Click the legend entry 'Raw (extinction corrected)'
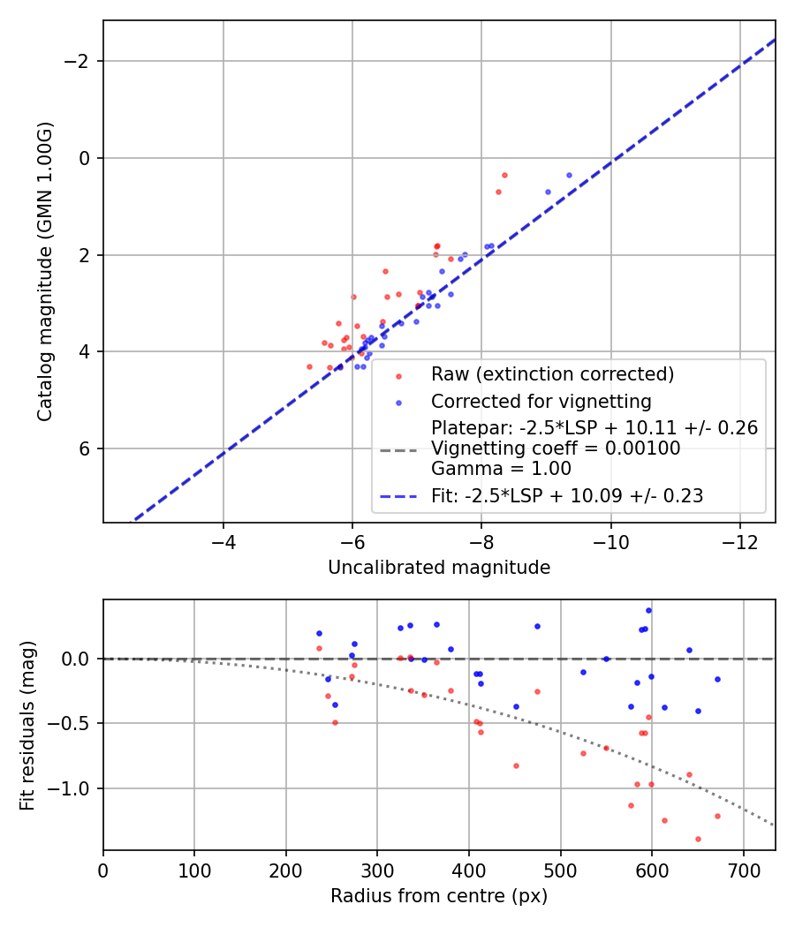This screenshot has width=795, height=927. (552, 373)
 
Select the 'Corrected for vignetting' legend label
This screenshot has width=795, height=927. (541, 402)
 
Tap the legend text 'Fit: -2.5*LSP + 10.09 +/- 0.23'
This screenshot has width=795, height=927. (567, 496)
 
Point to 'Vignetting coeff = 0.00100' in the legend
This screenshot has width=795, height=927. (555, 448)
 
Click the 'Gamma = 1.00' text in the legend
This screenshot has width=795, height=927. (501, 469)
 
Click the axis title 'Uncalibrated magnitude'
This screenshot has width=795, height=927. (439, 568)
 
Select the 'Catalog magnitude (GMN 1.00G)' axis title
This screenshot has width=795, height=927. (46, 271)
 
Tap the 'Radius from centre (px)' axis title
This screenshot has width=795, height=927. (439, 896)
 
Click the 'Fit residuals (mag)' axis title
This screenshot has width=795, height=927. (27, 725)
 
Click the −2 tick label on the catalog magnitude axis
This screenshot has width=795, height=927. (79, 61)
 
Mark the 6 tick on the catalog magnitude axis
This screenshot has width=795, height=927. (86, 448)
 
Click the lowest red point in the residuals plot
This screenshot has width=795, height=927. (698, 839)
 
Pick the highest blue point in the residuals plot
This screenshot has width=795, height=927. (648, 610)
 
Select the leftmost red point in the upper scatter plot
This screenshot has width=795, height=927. (309, 366)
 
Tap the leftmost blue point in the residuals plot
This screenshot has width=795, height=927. (319, 633)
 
